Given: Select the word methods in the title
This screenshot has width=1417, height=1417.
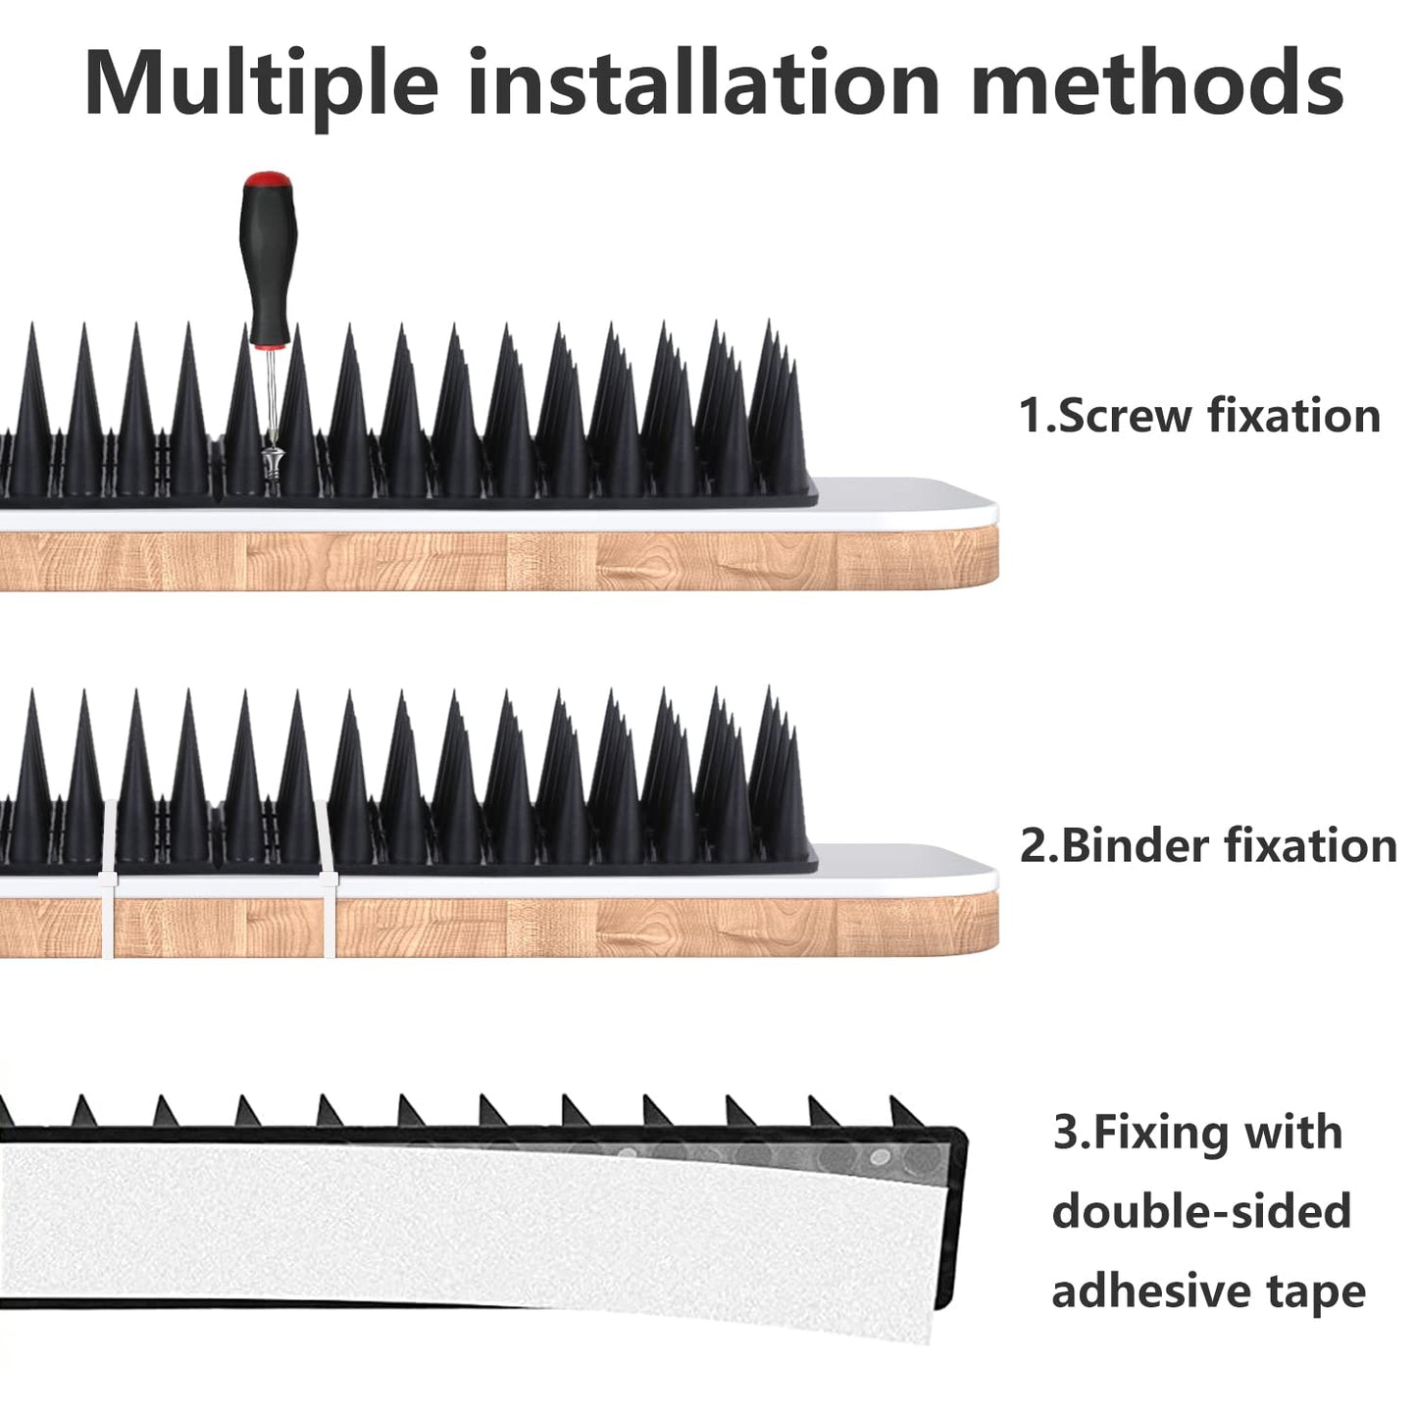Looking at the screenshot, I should click(x=1157, y=86).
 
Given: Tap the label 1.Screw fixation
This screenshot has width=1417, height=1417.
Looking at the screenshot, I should click(x=1199, y=416).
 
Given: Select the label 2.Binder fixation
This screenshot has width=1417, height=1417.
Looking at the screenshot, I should click(x=1207, y=845).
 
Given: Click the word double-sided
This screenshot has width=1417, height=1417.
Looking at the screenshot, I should click(x=1201, y=1211).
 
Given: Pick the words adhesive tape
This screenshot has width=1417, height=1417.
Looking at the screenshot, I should click(x=1208, y=1290).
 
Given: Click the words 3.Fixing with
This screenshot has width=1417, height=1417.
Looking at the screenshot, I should click(x=1196, y=1133).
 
